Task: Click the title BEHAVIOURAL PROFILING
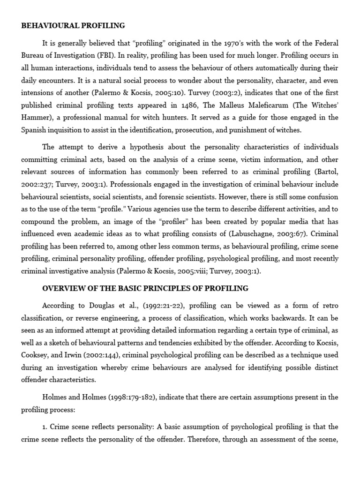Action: coord(73,25)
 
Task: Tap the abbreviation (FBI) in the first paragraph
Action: coord(103,55)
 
